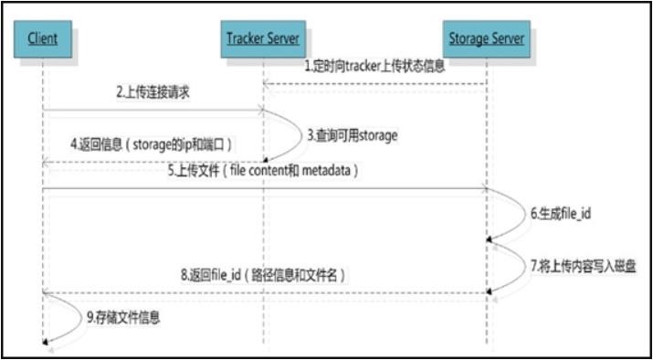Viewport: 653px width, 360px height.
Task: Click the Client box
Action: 42,38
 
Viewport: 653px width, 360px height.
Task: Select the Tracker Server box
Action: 264,38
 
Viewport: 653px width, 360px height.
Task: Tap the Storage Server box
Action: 486,38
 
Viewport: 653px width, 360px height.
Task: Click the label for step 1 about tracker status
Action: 374,67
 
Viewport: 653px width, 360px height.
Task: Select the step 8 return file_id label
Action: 266,274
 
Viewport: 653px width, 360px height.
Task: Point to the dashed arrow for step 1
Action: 374,85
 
